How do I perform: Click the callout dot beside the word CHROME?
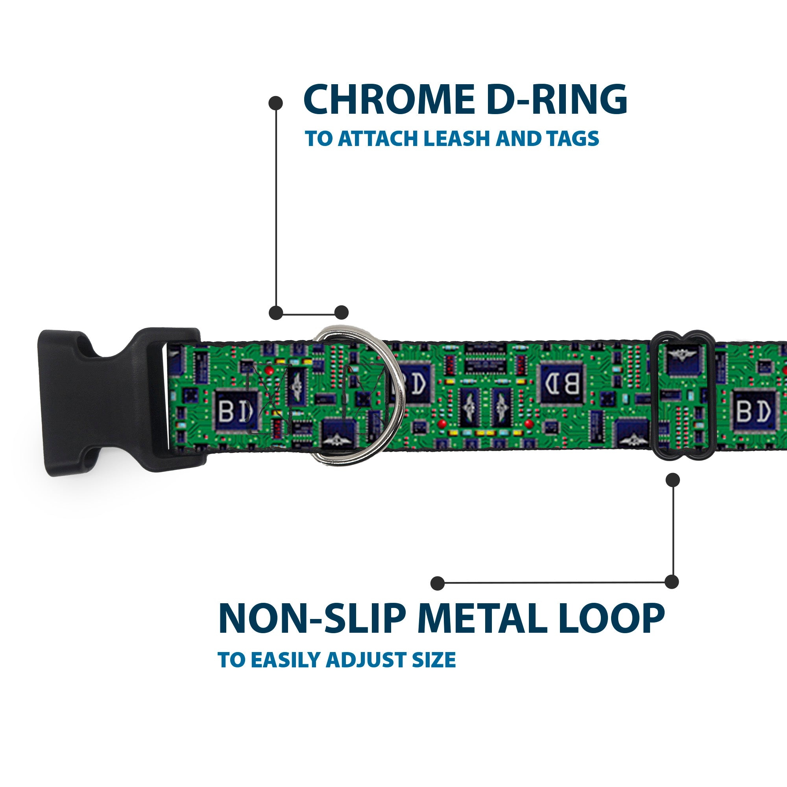point(276,103)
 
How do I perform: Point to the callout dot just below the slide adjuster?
point(672,480)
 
